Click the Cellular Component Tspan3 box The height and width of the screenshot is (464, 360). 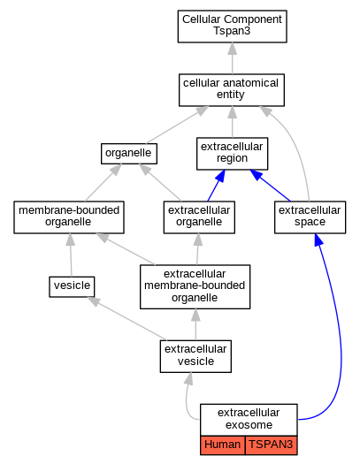[232, 27]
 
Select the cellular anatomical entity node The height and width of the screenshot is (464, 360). [232, 90]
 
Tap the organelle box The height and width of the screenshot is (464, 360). [129, 154]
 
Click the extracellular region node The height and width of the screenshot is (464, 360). [232, 154]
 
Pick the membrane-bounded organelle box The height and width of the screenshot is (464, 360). [69, 217]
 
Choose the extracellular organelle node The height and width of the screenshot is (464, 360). [199, 217]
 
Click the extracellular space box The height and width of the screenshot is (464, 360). [310, 217]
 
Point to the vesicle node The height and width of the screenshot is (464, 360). [72, 286]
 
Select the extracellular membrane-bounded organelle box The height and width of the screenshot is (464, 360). [195, 286]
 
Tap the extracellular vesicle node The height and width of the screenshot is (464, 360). [195, 356]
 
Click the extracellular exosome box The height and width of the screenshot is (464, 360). [249, 420]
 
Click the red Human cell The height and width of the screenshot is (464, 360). [223, 445]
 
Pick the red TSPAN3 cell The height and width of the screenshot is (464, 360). [272, 445]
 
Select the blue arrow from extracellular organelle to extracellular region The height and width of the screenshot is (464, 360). [216, 186]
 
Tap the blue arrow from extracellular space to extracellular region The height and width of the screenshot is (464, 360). [270, 186]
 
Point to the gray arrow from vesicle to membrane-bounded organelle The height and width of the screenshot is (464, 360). [71, 255]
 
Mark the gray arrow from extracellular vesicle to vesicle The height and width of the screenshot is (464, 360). [126, 318]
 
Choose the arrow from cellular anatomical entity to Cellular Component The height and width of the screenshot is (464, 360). [233, 58]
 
